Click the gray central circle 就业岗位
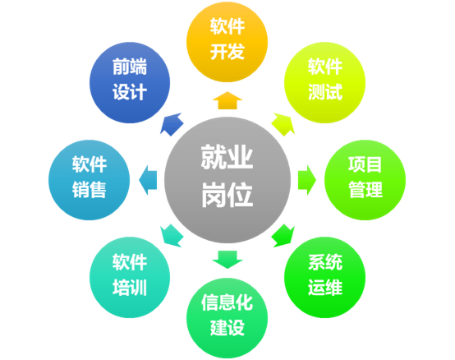click(227, 180)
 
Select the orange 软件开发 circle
click(227, 42)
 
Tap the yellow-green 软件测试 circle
click(324, 82)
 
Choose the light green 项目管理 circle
click(365, 180)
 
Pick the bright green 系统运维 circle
click(324, 277)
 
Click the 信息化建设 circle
click(227, 318)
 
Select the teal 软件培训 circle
click(130, 277)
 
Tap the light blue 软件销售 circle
click(89, 180)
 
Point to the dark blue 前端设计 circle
click(130, 82)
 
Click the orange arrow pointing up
click(227, 100)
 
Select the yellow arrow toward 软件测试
click(283, 124)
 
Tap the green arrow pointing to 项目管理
click(307, 180)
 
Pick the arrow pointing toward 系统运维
click(283, 236)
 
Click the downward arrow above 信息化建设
click(227, 260)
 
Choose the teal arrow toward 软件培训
click(172, 236)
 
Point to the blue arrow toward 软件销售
click(148, 180)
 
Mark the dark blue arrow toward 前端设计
click(172, 124)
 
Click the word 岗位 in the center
click(227, 195)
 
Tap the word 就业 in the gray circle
click(227, 157)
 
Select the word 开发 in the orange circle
click(227, 52)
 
